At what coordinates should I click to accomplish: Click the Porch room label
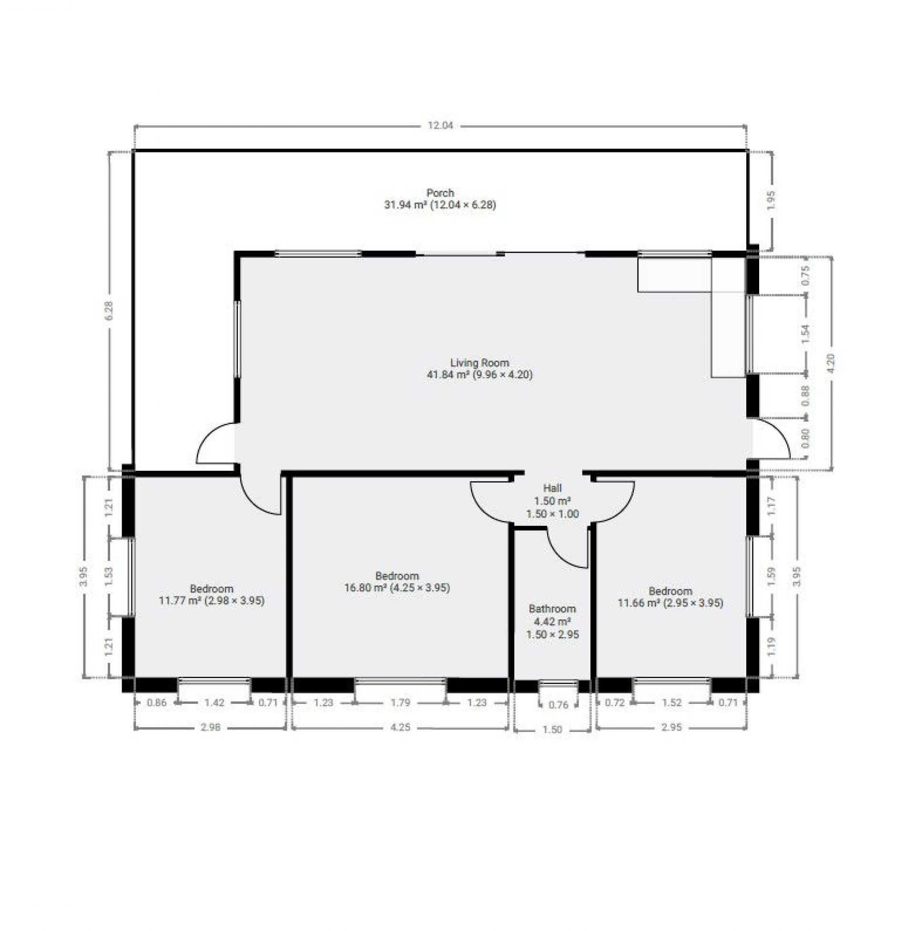pyautogui.click(x=440, y=193)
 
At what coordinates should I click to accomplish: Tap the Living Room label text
pyautogui.click(x=479, y=363)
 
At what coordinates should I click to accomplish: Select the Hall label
pyautogui.click(x=552, y=488)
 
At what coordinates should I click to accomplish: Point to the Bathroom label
pyautogui.click(x=552, y=608)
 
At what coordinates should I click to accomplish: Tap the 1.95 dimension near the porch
pyautogui.click(x=771, y=200)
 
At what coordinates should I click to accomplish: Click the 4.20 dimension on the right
pyautogui.click(x=832, y=364)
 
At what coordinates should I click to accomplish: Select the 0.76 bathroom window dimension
pyautogui.click(x=559, y=705)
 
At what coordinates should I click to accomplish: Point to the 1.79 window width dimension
pyautogui.click(x=400, y=702)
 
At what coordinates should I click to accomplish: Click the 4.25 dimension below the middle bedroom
pyautogui.click(x=400, y=727)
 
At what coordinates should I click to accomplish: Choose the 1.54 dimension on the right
pyautogui.click(x=806, y=334)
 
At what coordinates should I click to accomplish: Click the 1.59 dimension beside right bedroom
pyautogui.click(x=772, y=576)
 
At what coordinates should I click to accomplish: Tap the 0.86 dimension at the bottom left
pyautogui.click(x=157, y=702)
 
